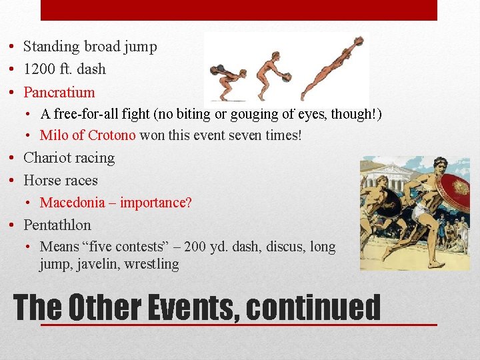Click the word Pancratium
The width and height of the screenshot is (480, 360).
pos(59,92)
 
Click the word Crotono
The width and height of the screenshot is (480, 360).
pos(111,135)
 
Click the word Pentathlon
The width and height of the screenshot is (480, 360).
pos(57,225)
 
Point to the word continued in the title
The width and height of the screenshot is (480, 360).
pos(313,308)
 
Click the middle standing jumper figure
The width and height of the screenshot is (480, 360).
pos(271,73)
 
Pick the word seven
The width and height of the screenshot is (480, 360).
pos(239,135)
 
